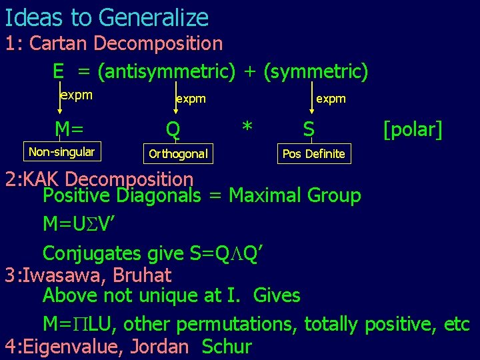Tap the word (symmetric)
point(315,71)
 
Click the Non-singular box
point(61,152)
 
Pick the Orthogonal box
point(178,155)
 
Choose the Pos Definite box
point(313,154)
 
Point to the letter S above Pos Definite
point(308,127)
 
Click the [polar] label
point(413,129)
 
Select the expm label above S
point(331,99)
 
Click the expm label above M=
point(76,95)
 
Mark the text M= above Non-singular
point(69,127)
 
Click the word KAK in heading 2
point(43,179)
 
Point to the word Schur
point(227,347)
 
